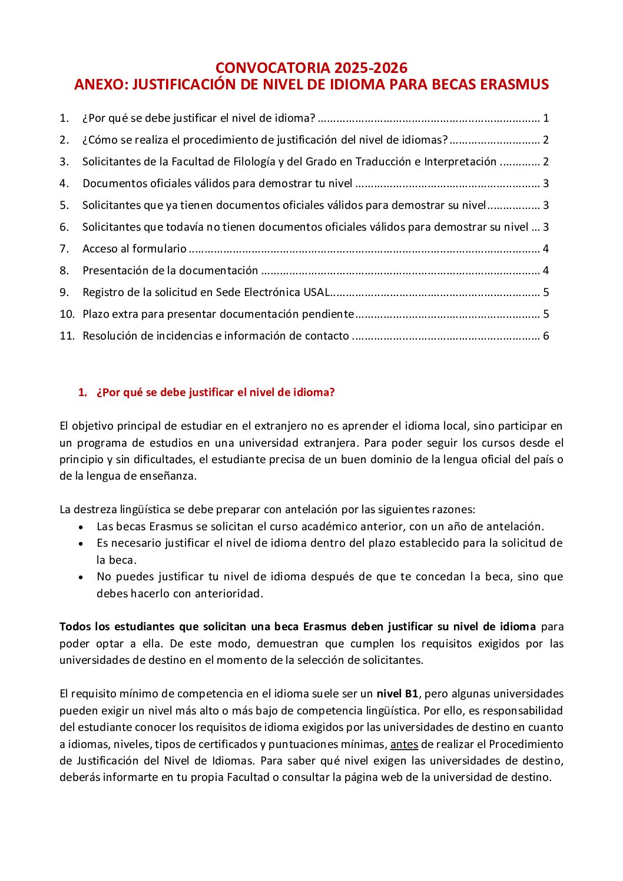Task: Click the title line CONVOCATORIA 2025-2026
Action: pos(311,68)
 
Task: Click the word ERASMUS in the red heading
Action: pos(514,84)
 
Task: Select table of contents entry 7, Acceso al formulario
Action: pos(134,249)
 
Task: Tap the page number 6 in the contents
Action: pos(546,336)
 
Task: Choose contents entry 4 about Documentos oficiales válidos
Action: pos(217,184)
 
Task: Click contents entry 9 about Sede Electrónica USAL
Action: pos(206,292)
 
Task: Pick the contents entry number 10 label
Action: pos(67,314)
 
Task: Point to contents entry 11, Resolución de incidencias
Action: pos(216,336)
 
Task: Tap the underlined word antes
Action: pos(404,744)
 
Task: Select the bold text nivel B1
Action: pos(397,694)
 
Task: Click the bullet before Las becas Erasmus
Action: pos(81,527)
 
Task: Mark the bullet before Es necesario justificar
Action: pos(81,544)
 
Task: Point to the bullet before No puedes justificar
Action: pos(81,577)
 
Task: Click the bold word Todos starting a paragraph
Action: pos(75,627)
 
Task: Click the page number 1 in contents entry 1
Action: pos(546,118)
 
